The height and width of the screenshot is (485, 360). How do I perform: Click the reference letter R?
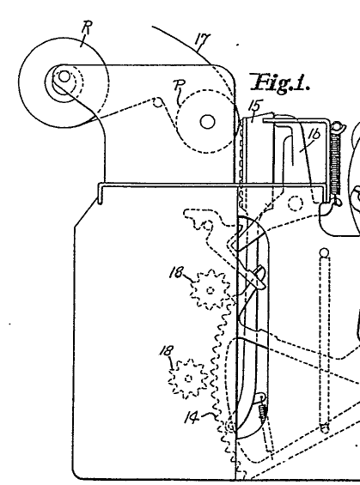pos(87,27)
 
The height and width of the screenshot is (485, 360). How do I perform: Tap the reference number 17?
pos(203,39)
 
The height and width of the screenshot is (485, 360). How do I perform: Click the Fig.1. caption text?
pos(280,83)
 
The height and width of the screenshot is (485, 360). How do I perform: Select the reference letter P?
pos(179,85)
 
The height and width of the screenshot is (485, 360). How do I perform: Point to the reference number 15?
pos(256,106)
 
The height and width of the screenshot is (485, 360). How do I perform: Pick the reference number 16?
pos(314,135)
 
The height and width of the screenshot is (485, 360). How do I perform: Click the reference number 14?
pos(192,418)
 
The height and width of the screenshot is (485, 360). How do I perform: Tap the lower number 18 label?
pos(167,351)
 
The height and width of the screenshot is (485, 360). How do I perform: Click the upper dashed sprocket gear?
pos(210,290)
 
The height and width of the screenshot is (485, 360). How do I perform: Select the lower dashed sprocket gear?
pos(188,379)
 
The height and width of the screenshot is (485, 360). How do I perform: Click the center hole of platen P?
pos(207,122)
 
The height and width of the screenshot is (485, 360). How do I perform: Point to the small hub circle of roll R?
pos(64,76)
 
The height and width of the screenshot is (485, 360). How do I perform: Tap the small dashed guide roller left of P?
pos(158,102)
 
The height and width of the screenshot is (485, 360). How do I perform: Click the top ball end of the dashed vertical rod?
pos(324,252)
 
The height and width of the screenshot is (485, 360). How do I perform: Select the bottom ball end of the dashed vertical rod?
pos(324,428)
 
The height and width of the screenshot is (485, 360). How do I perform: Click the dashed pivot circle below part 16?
pos(296,203)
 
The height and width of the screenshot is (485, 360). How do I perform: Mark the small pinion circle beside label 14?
pos(230,427)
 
